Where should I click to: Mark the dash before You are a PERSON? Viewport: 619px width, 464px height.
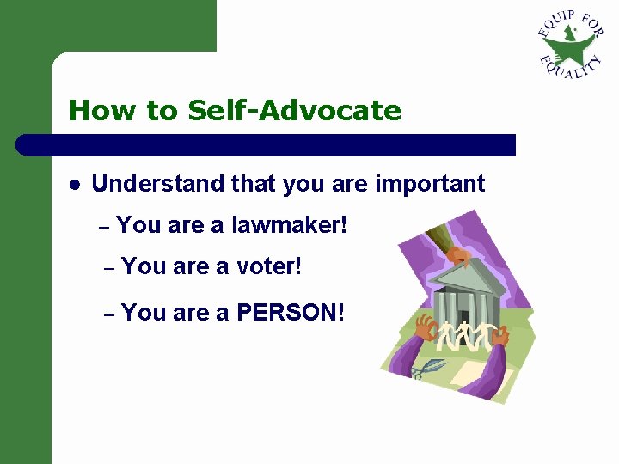click(108, 314)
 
